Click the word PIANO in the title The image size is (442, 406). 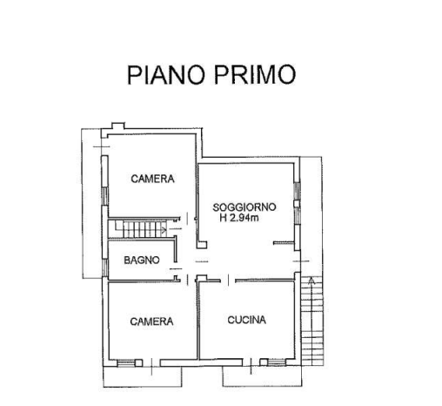click(165, 75)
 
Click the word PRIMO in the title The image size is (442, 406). click(255, 75)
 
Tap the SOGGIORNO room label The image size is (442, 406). click(244, 207)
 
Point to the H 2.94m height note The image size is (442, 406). click(239, 218)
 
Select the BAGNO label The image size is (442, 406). click(142, 260)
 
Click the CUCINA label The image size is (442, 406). click(247, 320)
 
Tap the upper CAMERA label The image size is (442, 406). click(152, 179)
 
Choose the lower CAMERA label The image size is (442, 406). click(151, 321)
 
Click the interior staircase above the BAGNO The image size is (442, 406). click(141, 229)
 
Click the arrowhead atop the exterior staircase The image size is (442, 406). click(311, 281)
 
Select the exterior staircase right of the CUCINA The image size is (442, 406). click(311, 321)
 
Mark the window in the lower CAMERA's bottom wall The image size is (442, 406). click(126, 363)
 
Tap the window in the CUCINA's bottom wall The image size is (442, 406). click(277, 362)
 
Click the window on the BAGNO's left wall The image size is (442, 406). click(105, 267)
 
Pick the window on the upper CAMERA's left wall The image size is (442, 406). click(105, 196)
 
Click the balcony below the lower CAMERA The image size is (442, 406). click(143, 376)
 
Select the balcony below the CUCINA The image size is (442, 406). click(262, 376)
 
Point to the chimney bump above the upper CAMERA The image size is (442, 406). click(118, 125)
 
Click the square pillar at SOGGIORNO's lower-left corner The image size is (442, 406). click(202, 245)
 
